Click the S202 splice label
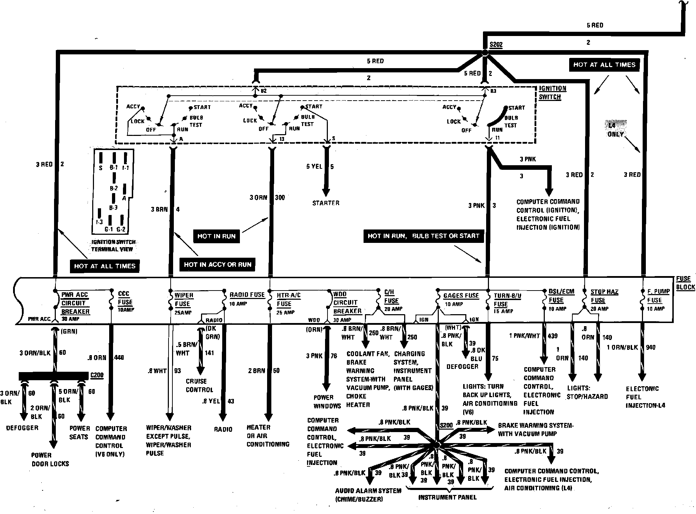click(496, 45)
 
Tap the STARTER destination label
click(325, 203)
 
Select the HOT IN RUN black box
click(216, 236)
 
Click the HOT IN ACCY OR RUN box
click(217, 264)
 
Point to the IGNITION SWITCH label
click(553, 92)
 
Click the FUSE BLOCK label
click(685, 283)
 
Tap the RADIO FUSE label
click(247, 295)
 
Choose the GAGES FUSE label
click(461, 295)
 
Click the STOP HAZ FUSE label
click(604, 296)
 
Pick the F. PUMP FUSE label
click(658, 296)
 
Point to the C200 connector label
click(97, 375)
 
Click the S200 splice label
click(446, 425)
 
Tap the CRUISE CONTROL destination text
click(199, 385)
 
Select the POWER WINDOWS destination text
click(327, 402)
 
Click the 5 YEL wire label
click(314, 167)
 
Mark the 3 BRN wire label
click(159, 209)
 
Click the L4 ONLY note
click(615, 130)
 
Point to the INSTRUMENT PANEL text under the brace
click(447, 497)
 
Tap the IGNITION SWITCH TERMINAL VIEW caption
click(113, 246)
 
